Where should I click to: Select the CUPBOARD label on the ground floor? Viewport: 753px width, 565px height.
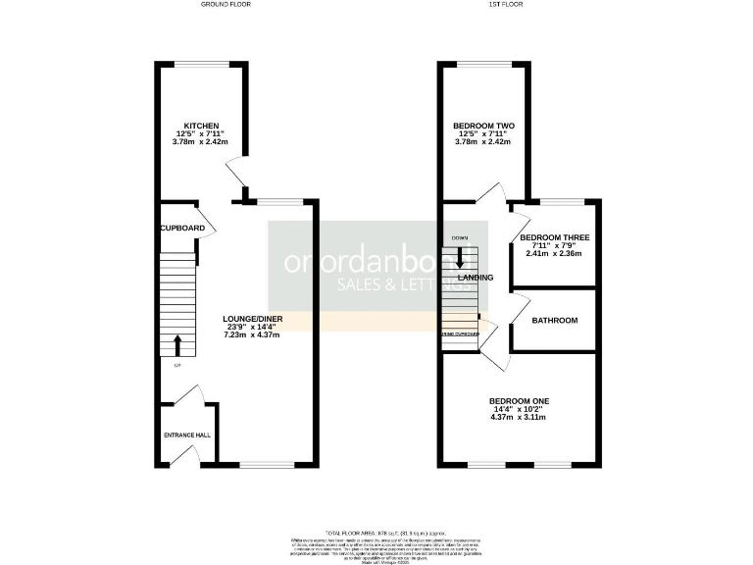183,229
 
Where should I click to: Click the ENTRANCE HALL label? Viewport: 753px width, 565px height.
185,435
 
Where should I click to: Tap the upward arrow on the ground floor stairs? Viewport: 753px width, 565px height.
177,344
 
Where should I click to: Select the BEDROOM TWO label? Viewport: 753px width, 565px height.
483,126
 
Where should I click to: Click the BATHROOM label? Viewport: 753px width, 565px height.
554,321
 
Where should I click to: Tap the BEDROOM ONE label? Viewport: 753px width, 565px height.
519,401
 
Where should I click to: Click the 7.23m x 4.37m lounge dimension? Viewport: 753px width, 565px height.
251,335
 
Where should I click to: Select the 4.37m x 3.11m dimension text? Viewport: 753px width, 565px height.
519,417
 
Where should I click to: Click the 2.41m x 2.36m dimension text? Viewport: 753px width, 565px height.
555,253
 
